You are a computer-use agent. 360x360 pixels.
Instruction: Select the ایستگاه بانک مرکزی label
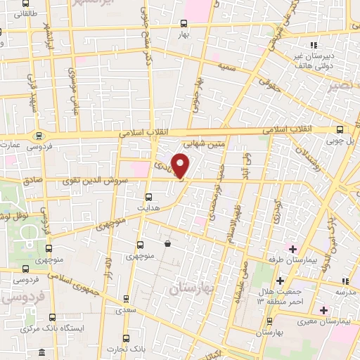click(x=60, y=328)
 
